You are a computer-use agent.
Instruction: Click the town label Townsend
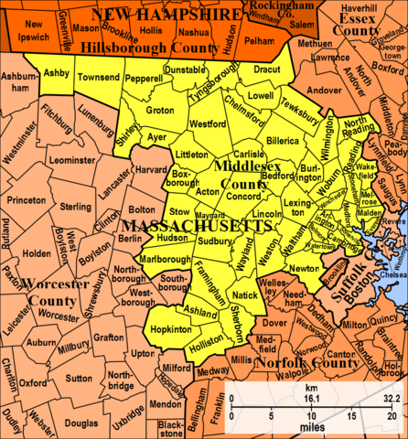(x=99, y=80)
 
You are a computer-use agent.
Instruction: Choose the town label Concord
(x=242, y=196)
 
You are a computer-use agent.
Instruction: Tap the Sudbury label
(x=216, y=241)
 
